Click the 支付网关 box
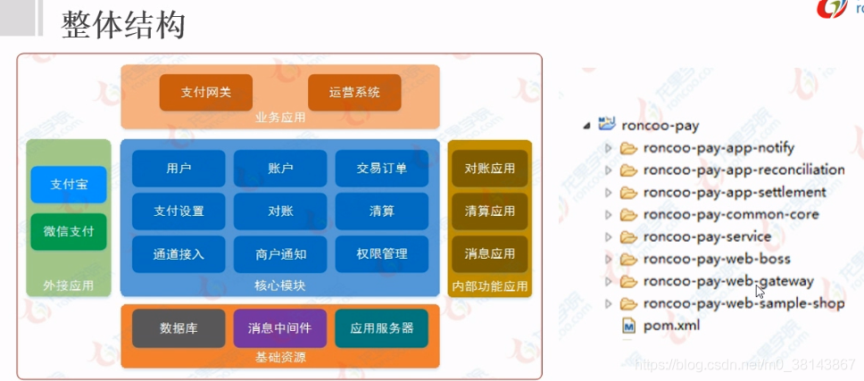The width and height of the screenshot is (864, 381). pos(205,93)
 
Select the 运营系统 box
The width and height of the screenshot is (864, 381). pos(353,93)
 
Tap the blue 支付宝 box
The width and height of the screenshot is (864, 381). pos(69,185)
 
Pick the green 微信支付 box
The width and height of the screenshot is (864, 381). pos(69,231)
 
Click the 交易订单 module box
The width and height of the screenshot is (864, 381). pos(381,169)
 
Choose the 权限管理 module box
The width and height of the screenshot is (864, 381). pos(381,254)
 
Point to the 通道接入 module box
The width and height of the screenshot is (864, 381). pos(179,254)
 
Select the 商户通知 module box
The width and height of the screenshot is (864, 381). pos(280,254)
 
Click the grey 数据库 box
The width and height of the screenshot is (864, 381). pos(179,328)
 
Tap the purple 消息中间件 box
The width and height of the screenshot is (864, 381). pos(280,328)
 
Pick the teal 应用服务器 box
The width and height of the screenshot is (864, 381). pos(381,328)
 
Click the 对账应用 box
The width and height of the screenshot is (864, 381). pos(489,169)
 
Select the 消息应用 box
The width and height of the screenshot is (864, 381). pos(489,254)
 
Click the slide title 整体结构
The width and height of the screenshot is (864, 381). pos(123,25)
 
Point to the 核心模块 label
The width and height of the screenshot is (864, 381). pos(279,286)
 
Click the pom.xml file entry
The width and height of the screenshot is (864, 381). pos(671,326)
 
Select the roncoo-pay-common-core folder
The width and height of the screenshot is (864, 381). pos(730,214)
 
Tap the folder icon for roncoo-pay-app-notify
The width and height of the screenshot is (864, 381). pos(629,148)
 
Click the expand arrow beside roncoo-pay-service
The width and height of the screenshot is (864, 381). pos(609,237)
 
